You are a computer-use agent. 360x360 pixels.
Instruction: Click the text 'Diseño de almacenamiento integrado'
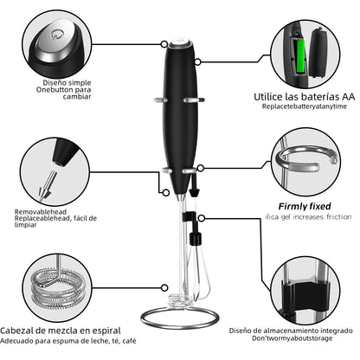(291, 330)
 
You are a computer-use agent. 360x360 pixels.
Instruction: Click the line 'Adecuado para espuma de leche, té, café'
(68, 343)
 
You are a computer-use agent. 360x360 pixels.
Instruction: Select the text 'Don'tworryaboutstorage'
(291, 341)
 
